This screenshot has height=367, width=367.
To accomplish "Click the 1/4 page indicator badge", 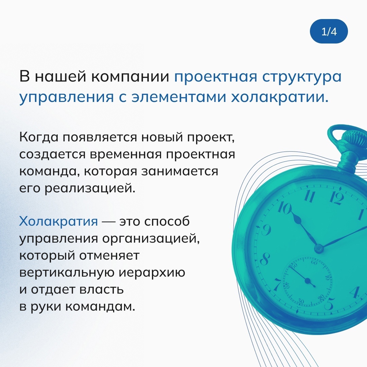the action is [x=329, y=31].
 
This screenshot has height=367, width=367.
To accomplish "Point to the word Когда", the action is [x=39, y=137].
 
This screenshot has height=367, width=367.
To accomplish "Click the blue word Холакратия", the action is [x=58, y=221].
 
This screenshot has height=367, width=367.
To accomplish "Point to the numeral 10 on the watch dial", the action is [x=285, y=208].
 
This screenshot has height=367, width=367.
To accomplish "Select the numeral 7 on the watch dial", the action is [x=278, y=284].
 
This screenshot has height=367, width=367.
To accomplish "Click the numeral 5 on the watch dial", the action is [x=330, y=304].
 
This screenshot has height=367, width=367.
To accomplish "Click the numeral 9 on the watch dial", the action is [x=266, y=231].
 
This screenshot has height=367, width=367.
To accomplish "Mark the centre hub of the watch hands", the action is [x=318, y=248].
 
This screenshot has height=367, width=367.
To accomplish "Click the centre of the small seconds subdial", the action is [x=308, y=281].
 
